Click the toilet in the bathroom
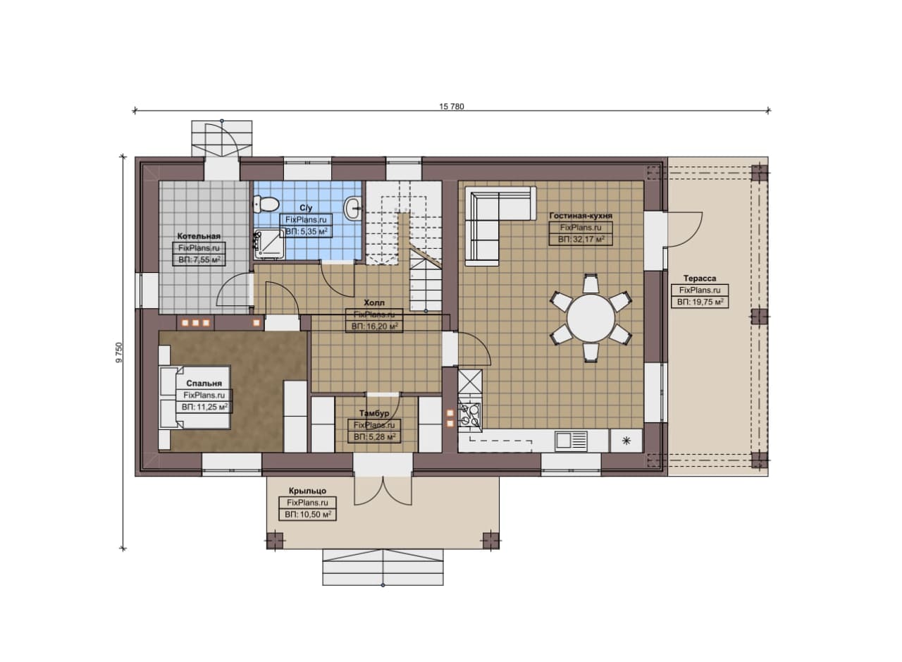tap(266, 204)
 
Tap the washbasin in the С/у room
tap(354, 208)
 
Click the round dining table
tap(591, 318)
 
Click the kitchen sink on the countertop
tap(571, 441)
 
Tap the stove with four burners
tap(470, 415)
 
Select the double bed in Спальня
tap(195, 398)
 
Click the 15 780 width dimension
tap(452, 106)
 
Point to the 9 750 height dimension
tap(119, 353)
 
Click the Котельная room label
tap(199, 236)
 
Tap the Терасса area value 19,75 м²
tap(700, 302)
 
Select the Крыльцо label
tap(307, 491)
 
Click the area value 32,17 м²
tap(581, 239)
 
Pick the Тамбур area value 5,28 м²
tap(374, 437)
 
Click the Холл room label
tap(374, 302)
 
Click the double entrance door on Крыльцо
tap(383, 491)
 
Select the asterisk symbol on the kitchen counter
tap(626, 441)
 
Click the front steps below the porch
tap(383, 567)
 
